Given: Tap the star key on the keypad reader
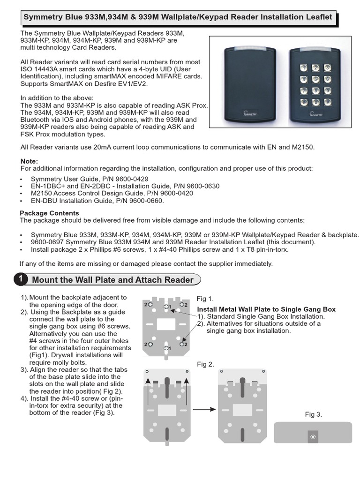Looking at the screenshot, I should [304, 101].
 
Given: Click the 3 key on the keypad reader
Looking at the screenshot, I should [327, 68].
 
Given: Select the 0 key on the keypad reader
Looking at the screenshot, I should [315, 101].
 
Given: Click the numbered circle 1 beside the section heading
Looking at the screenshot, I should [20, 280].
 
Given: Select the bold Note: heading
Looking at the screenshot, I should [30, 161].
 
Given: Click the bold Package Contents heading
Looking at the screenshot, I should [49, 213].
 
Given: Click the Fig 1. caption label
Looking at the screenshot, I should [205, 298].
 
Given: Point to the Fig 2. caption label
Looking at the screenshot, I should [205, 364].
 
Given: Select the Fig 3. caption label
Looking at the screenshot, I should [313, 414].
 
